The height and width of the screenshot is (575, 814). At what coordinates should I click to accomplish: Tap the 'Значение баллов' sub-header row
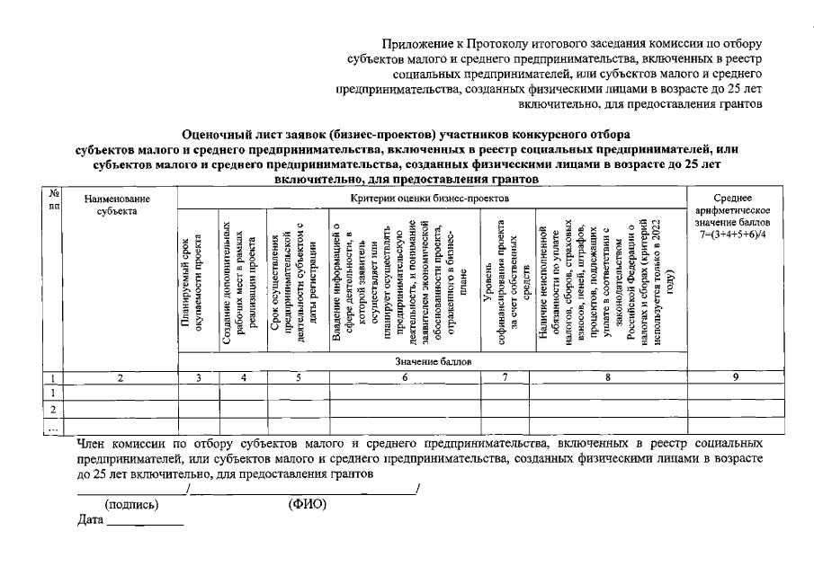pos(433,362)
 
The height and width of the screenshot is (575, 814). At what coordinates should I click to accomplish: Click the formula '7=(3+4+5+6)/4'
pos(736,234)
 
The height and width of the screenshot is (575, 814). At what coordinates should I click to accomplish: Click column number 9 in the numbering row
pos(736,378)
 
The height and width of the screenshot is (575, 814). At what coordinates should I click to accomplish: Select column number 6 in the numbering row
pos(406,378)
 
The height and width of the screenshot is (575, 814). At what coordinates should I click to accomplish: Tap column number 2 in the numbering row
pos(121,378)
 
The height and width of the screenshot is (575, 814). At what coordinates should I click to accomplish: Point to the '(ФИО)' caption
pos(307,504)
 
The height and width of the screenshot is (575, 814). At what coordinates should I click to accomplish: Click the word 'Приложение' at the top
pos(412,44)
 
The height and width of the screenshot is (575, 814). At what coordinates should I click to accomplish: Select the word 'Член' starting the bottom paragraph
pos(91,443)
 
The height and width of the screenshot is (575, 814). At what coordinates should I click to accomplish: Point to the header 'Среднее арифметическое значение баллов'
pos(736,210)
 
